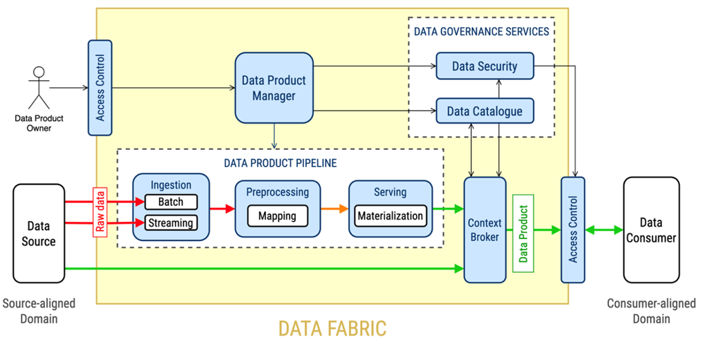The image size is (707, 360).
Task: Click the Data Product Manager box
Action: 274,88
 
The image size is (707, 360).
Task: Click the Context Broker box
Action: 484,230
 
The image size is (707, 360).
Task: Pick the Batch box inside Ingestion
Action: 171,202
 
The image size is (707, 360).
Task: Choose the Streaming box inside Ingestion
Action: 171,222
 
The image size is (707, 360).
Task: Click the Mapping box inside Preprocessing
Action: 276,216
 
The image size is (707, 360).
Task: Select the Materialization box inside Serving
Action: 390,216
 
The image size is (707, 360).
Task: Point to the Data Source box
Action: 39,233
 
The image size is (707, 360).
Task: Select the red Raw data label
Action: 100,211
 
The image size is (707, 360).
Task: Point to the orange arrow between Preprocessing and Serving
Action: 335,208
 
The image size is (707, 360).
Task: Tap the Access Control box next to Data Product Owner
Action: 100,88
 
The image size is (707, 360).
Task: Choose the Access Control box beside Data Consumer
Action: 573,230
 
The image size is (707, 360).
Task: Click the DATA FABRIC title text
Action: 332,328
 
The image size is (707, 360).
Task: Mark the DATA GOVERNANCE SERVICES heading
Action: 481,31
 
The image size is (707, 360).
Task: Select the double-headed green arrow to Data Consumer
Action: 604,230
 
